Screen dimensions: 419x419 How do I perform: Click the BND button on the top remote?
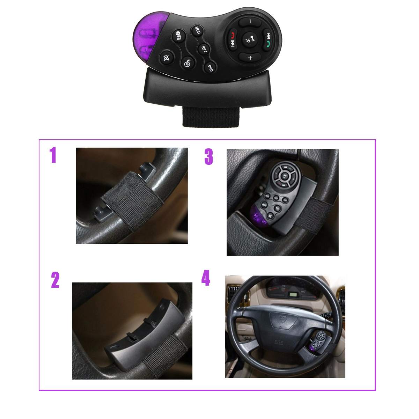coord(210,68)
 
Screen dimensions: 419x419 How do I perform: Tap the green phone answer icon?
coord(267,44)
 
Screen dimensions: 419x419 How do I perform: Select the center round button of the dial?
coord(250,39)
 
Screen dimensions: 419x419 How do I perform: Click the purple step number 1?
coord(53,155)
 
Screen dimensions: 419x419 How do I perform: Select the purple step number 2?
coord(55,280)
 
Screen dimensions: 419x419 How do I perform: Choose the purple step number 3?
coord(208,157)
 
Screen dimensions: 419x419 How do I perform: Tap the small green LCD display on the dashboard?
coord(292,295)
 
